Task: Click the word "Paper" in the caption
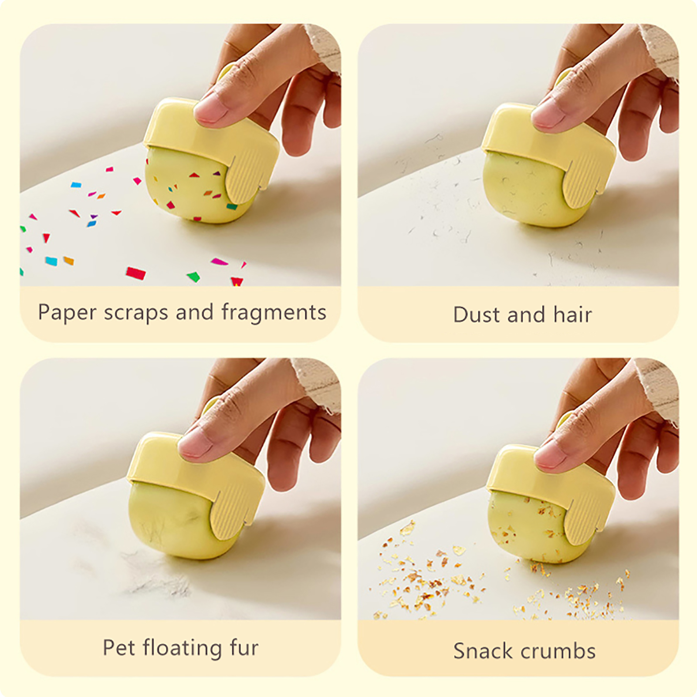click(x=67, y=312)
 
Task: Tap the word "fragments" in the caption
click(x=274, y=312)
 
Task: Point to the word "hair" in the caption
click(x=572, y=315)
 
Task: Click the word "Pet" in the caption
click(x=118, y=647)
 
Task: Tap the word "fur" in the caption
click(x=244, y=647)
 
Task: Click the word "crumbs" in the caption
click(x=558, y=651)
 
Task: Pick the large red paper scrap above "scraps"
click(x=135, y=273)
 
